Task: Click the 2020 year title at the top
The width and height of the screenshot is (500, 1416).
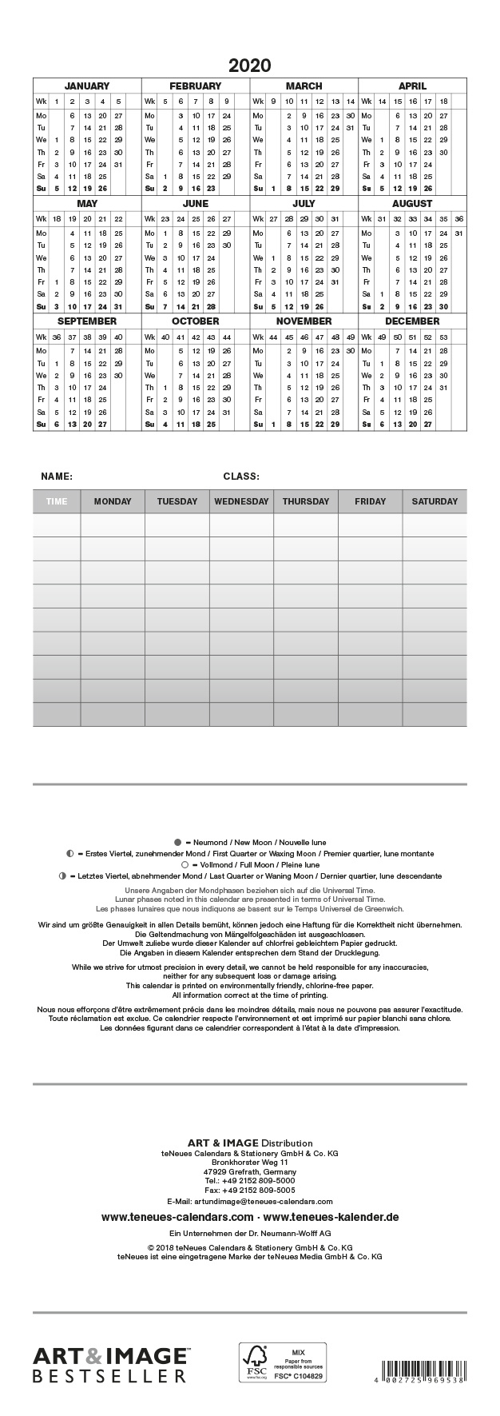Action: (250, 66)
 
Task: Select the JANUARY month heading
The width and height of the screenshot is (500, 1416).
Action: (86, 86)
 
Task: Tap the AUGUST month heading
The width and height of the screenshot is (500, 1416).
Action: (412, 204)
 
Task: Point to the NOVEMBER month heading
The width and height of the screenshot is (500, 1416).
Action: (304, 321)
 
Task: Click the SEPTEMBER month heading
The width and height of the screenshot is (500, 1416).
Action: (86, 321)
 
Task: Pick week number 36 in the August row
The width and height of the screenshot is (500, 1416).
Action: (458, 219)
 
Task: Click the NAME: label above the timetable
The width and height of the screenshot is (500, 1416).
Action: (57, 477)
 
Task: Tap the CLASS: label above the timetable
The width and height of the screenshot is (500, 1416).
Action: (241, 477)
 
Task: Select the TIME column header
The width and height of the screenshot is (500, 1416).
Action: (57, 501)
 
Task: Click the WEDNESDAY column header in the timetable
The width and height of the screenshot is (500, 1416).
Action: (241, 501)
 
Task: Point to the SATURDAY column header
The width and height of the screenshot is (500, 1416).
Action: (435, 501)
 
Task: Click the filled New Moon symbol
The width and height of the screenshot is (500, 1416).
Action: (177, 842)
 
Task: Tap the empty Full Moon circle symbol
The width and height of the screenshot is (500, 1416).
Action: (185, 864)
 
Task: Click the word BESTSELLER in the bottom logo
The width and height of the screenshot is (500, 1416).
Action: (109, 1376)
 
